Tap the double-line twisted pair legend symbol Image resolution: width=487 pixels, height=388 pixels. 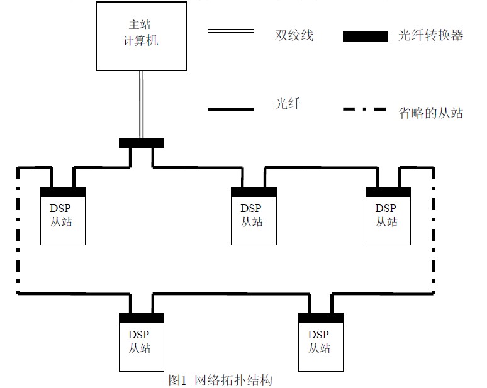231,31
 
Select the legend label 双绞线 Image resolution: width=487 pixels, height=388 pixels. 294,35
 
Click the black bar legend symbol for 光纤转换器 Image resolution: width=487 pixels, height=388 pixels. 366,36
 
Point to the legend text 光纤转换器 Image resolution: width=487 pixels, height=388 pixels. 430,35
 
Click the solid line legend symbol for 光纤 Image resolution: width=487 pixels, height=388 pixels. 231,109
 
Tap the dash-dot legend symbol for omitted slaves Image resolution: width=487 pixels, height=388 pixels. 364,110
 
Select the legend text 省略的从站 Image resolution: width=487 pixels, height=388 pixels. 431,113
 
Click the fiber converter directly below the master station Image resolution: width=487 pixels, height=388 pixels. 141,143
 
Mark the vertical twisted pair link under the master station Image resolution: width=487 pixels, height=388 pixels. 142,104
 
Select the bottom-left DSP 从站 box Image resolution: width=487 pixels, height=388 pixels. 142,345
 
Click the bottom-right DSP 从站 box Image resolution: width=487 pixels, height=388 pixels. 321,345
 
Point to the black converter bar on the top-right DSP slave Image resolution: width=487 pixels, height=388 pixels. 388,191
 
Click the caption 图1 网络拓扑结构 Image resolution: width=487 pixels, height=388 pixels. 220,380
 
